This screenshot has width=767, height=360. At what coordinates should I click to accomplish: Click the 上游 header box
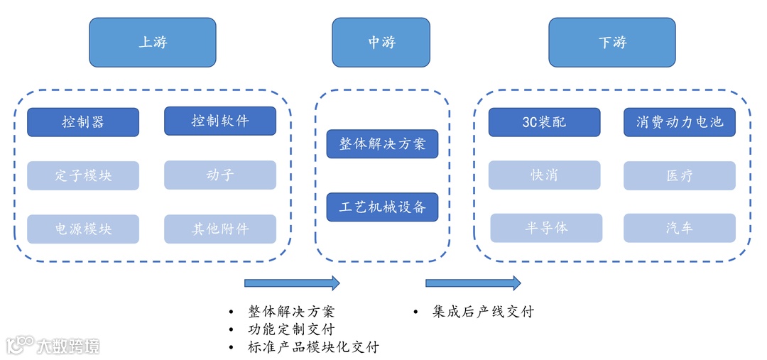pyautogui.click(x=152, y=43)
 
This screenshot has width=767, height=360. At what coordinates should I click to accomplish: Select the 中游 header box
pyautogui.click(x=381, y=43)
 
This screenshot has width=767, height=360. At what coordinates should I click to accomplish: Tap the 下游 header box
pyautogui.click(x=611, y=43)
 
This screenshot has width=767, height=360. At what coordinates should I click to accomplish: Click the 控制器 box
pyautogui.click(x=83, y=122)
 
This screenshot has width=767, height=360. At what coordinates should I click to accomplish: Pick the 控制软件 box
pyautogui.click(x=220, y=121)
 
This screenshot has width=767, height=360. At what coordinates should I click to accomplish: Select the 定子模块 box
pyautogui.click(x=83, y=175)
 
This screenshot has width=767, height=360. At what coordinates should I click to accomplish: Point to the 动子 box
pyautogui.click(x=220, y=175)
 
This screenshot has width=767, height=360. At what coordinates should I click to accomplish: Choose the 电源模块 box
pyautogui.click(x=83, y=229)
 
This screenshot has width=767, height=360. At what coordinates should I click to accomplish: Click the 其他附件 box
pyautogui.click(x=220, y=229)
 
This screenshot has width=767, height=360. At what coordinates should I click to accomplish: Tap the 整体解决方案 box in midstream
pyautogui.click(x=382, y=144)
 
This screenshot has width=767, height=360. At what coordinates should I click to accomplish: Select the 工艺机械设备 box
pyautogui.click(x=382, y=207)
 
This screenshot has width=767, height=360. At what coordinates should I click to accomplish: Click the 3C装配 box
pyautogui.click(x=544, y=122)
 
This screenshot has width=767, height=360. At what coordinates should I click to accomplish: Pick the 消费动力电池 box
pyautogui.click(x=679, y=122)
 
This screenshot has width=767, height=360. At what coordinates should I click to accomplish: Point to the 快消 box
pyautogui.click(x=544, y=175)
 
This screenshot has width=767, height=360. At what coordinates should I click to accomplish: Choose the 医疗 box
pyautogui.click(x=679, y=175)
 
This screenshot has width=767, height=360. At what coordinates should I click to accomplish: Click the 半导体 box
pyautogui.click(x=546, y=228)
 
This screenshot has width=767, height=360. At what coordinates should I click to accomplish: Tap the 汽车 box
pyautogui.click(x=679, y=228)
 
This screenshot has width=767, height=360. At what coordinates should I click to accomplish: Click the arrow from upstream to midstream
pyautogui.click(x=292, y=283)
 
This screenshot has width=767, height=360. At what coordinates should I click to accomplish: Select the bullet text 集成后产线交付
pyautogui.click(x=482, y=312)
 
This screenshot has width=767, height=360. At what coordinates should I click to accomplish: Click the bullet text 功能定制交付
pyautogui.click(x=291, y=329)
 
